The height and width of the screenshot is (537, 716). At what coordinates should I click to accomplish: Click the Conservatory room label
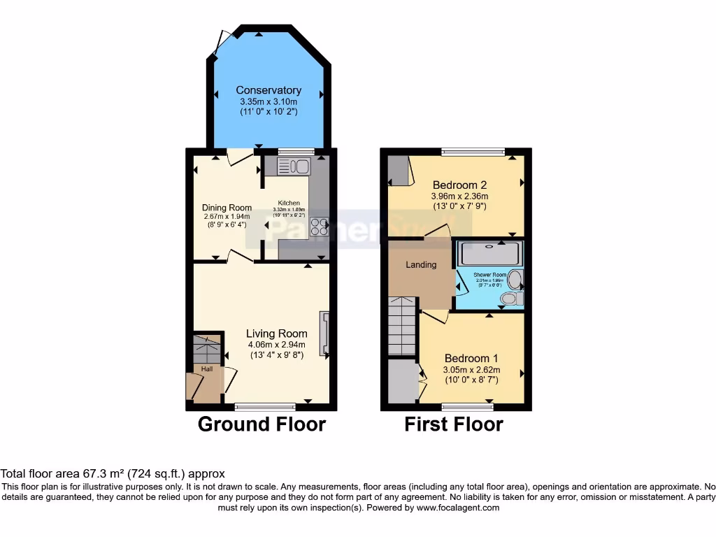click(x=268, y=90)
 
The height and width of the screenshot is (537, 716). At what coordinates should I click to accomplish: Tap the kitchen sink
click(x=294, y=166)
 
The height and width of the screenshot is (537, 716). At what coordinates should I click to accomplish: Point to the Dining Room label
click(x=227, y=208)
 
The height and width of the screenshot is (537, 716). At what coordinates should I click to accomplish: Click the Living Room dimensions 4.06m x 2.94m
click(x=276, y=345)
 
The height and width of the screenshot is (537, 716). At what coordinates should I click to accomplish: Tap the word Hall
click(x=207, y=369)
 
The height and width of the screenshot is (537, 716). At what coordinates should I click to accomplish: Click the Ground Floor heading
click(x=262, y=424)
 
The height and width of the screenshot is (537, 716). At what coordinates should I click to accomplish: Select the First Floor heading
click(x=453, y=424)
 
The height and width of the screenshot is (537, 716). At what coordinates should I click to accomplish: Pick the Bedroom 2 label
click(x=459, y=185)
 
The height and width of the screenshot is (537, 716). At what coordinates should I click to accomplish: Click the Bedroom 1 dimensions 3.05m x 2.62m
click(x=472, y=370)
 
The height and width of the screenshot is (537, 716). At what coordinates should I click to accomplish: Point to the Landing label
click(x=421, y=265)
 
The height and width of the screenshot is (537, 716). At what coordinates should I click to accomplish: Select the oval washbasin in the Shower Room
click(x=515, y=280)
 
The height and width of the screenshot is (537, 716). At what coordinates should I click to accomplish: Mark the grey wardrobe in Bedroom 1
click(x=402, y=381)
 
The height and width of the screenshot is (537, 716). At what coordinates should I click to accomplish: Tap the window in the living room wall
click(x=265, y=406)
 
